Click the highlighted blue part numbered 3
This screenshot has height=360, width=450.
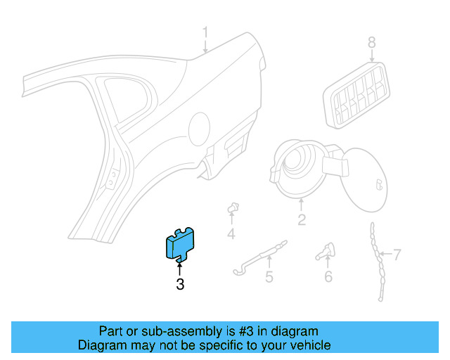coord(179,244)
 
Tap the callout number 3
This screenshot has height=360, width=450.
coord(180,285)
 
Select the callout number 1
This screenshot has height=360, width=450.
coord(206,32)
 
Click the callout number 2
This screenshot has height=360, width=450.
coord(302,221)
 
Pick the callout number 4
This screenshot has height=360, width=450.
coord(231,234)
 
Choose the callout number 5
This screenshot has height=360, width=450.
coord(269,277)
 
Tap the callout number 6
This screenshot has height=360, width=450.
coord(328,276)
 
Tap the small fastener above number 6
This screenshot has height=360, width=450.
coord(328,250)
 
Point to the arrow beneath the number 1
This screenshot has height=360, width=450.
coord(206,46)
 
